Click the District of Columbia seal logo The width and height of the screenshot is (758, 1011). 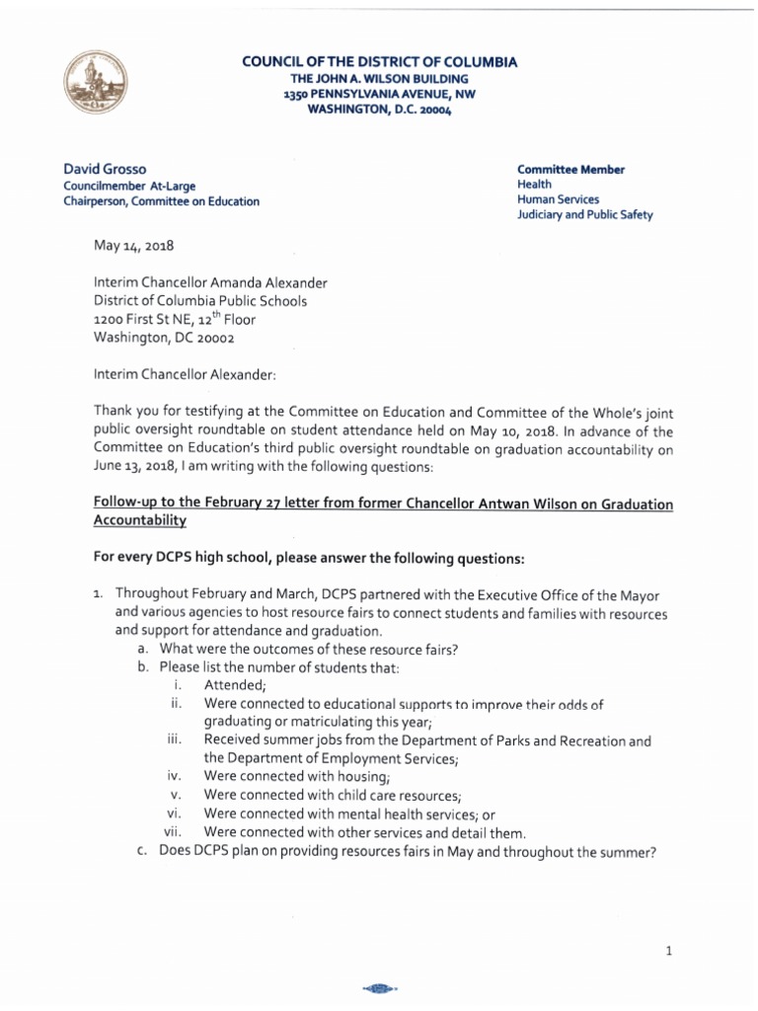[96, 84]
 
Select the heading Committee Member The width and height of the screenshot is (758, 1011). [570, 169]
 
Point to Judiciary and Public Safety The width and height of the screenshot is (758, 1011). [584, 215]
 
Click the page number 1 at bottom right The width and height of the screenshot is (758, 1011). [668, 951]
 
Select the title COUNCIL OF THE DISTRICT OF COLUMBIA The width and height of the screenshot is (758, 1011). [380, 62]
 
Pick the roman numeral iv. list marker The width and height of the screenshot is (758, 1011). [175, 776]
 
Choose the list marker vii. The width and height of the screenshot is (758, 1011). [173, 831]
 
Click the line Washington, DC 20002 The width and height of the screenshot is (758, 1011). [165, 336]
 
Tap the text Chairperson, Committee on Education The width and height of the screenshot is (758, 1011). [162, 200]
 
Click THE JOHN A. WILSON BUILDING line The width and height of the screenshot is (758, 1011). [380, 78]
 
